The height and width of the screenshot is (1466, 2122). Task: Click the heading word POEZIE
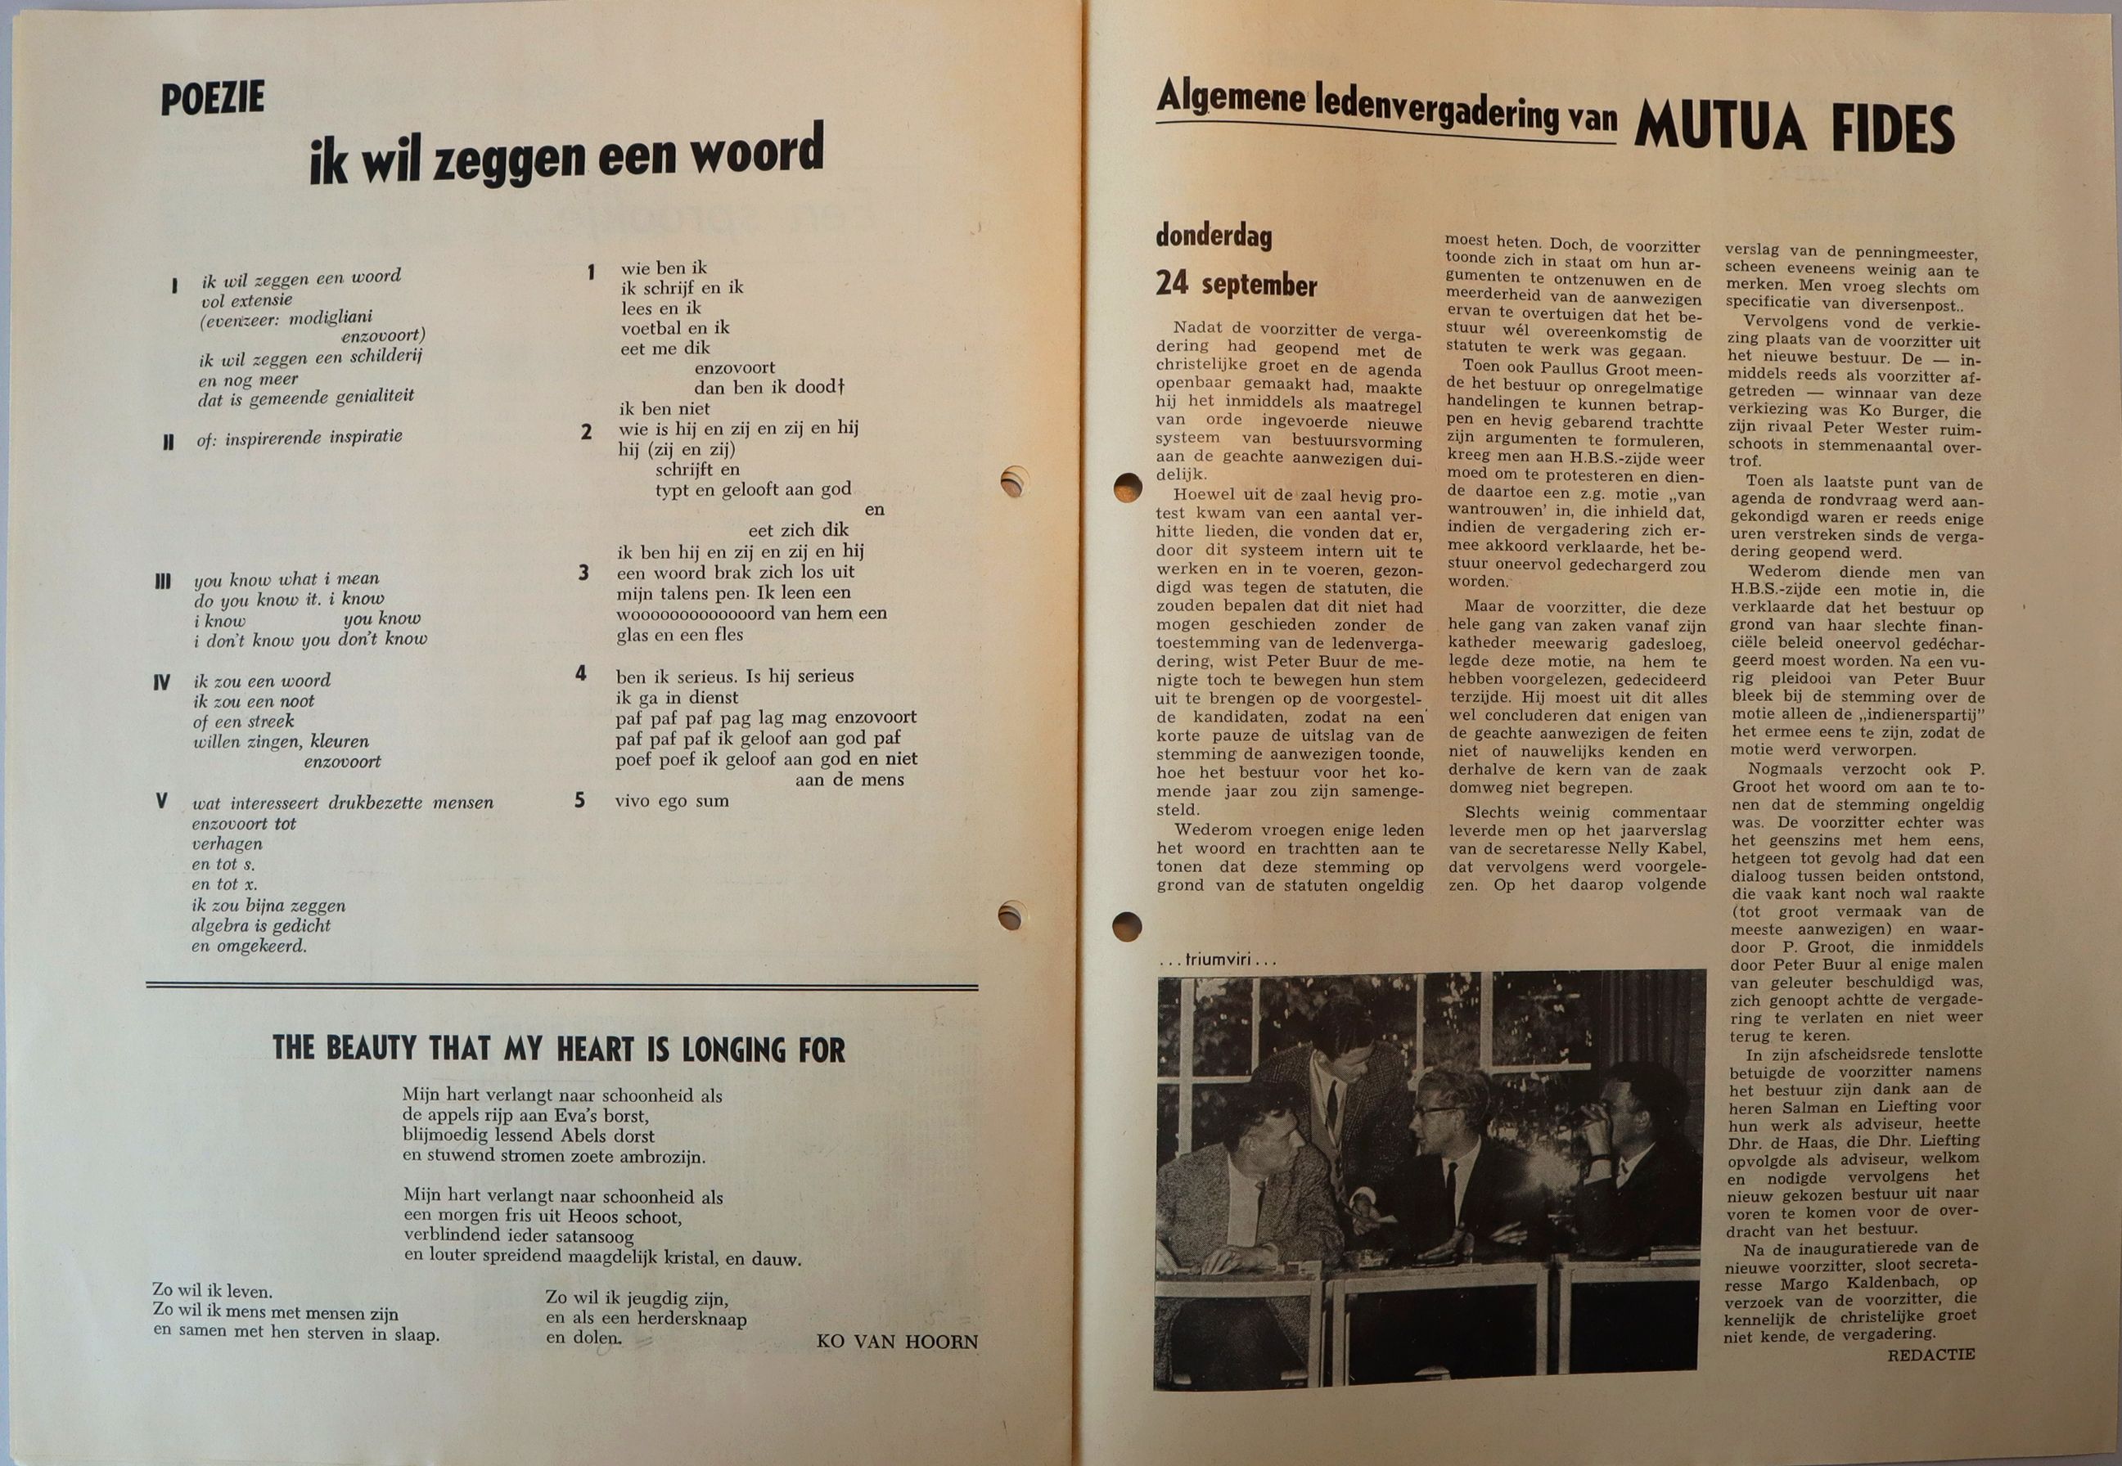click(x=212, y=98)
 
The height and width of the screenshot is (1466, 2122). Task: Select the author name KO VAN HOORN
click(x=897, y=1342)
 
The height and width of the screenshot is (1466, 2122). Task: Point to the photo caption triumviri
click(x=1217, y=960)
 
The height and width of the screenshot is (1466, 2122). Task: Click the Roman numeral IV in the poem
click(x=162, y=682)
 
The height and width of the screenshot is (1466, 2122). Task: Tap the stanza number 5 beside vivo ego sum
click(x=579, y=800)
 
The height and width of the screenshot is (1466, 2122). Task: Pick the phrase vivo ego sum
click(x=672, y=801)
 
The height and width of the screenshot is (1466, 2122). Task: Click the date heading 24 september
click(x=1236, y=285)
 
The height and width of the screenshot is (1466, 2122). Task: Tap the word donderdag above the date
click(x=1214, y=237)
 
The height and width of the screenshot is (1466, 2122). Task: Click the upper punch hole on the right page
click(x=1126, y=488)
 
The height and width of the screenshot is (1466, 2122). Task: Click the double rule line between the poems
click(x=561, y=987)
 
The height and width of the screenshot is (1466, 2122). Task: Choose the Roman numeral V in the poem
click(x=162, y=801)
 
